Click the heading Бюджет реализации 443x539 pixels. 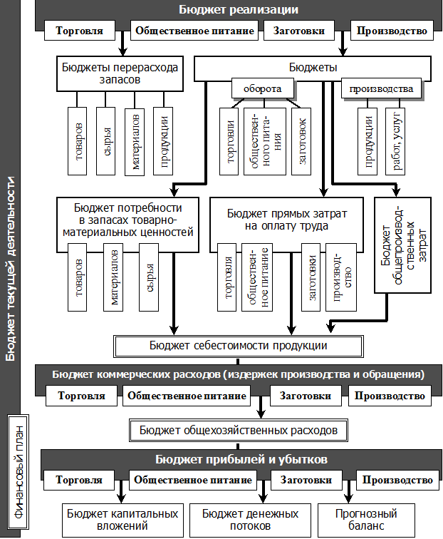click(238, 10)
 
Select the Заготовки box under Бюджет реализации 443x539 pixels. click(299, 31)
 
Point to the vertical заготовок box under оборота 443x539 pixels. click(303, 140)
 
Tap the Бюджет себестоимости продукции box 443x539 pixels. click(238, 346)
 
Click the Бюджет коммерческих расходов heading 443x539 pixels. click(238, 374)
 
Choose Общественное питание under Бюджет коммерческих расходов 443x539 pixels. click(185, 396)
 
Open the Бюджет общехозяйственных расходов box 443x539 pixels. click(238, 431)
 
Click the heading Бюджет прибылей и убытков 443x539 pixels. click(241, 459)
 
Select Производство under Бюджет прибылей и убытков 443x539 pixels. click(397, 480)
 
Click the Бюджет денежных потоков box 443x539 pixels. click(250, 520)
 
